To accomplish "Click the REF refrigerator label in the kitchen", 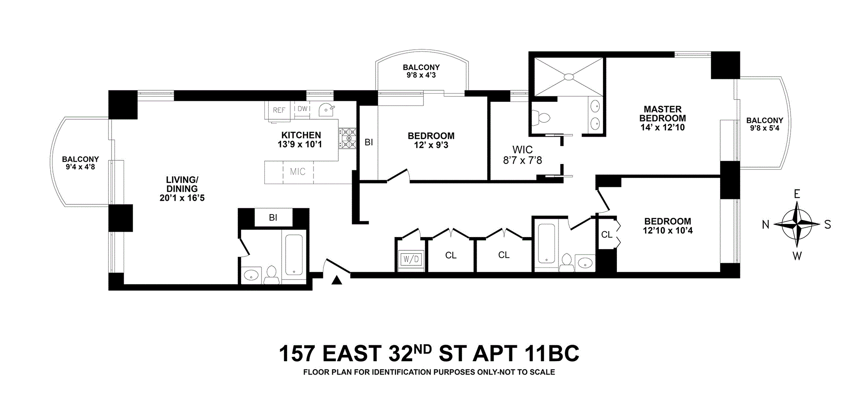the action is click(279, 110).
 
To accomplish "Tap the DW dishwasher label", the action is click(303, 109).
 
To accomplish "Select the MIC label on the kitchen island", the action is click(297, 172).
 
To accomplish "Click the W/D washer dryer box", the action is click(411, 259).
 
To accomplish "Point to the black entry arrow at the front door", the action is click(337, 280).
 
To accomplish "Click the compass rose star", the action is click(797, 224).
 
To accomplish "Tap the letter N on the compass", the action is click(765, 224).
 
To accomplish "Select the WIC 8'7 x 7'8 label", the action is click(522, 155).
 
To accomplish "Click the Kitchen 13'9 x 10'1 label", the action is click(300, 140).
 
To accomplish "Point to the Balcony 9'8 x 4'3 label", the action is click(421, 71).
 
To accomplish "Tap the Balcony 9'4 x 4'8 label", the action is click(81, 163).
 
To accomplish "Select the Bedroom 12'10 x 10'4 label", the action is click(668, 226).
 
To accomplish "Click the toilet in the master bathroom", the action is click(541, 118).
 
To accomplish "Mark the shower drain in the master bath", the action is click(569, 77).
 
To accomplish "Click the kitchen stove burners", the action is click(348, 138).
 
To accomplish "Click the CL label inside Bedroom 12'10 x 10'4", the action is click(606, 234).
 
